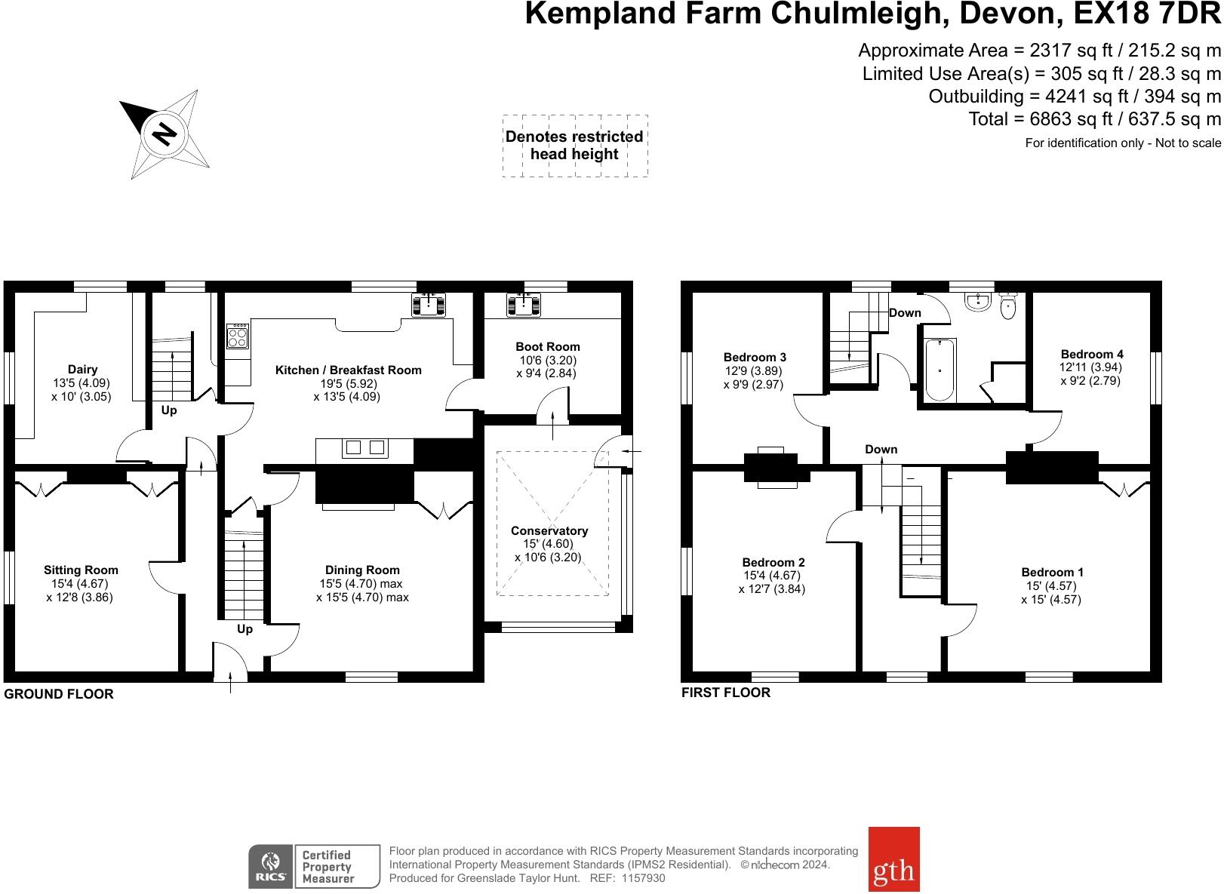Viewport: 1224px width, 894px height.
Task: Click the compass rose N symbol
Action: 164,134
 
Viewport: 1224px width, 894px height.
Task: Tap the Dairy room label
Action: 82,370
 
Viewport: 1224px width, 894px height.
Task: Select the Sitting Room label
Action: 81,570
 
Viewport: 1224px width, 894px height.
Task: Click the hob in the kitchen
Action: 238,336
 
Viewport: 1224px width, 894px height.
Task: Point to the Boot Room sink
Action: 522,304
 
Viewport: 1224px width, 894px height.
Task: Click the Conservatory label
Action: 549,531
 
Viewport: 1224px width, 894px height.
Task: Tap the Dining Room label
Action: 362,570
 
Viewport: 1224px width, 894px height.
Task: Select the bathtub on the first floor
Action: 940,370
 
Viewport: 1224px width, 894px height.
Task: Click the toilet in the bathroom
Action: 1008,305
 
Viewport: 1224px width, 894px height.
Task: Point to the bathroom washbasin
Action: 977,302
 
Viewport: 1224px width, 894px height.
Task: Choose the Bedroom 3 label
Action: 755,358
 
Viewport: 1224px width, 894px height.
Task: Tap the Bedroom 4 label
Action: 1091,354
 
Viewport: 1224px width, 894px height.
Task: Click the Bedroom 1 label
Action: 1052,573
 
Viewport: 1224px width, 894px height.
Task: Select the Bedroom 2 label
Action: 773,562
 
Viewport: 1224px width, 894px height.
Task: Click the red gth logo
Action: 893,859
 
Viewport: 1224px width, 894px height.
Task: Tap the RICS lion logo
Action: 270,866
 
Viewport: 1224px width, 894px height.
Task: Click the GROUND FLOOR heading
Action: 59,694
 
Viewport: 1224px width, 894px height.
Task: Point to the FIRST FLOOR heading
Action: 725,693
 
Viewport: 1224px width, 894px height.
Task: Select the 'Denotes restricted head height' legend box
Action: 575,146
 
